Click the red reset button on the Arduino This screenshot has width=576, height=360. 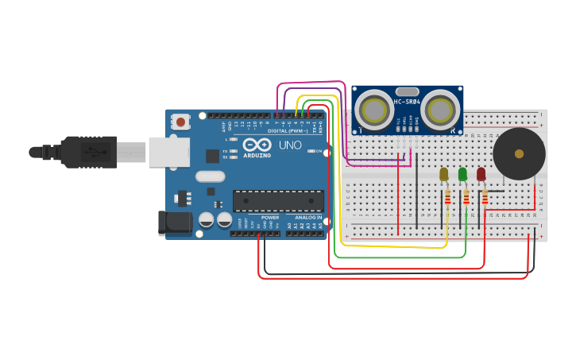[x=181, y=122]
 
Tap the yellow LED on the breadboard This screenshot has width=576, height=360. [x=443, y=174]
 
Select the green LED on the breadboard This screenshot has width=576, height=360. [x=462, y=173]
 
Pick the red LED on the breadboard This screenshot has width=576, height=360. [x=481, y=173]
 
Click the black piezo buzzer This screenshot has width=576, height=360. [x=519, y=153]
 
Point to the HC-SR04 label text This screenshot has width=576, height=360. [x=407, y=101]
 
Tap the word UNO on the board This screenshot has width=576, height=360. [x=290, y=145]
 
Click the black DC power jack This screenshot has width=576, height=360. [x=175, y=223]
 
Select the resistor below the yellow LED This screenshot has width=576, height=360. [x=447, y=197]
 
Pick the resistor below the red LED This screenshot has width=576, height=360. [x=485, y=197]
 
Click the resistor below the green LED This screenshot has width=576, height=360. [x=466, y=197]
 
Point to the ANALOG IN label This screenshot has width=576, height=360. [x=309, y=217]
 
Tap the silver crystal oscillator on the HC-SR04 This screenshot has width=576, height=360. [x=407, y=91]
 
